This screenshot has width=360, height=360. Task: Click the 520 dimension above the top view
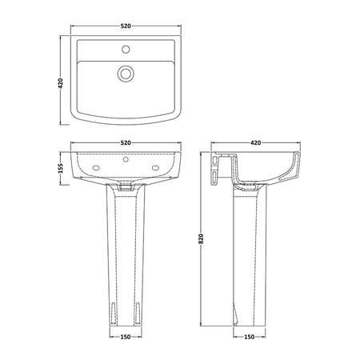pos(126,26)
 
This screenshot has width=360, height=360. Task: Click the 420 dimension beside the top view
pos(61,83)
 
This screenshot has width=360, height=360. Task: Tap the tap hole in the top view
pos(126,50)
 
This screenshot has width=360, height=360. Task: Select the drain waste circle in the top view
pos(126,73)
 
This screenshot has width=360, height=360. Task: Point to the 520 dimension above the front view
pos(126,143)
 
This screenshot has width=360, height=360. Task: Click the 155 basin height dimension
pos(61,168)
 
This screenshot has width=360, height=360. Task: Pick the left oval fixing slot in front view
pos(96,167)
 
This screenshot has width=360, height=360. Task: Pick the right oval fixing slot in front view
pos(155,167)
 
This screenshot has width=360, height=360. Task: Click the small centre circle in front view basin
pos(126,159)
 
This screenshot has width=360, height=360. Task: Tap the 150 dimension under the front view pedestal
pos(126,337)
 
